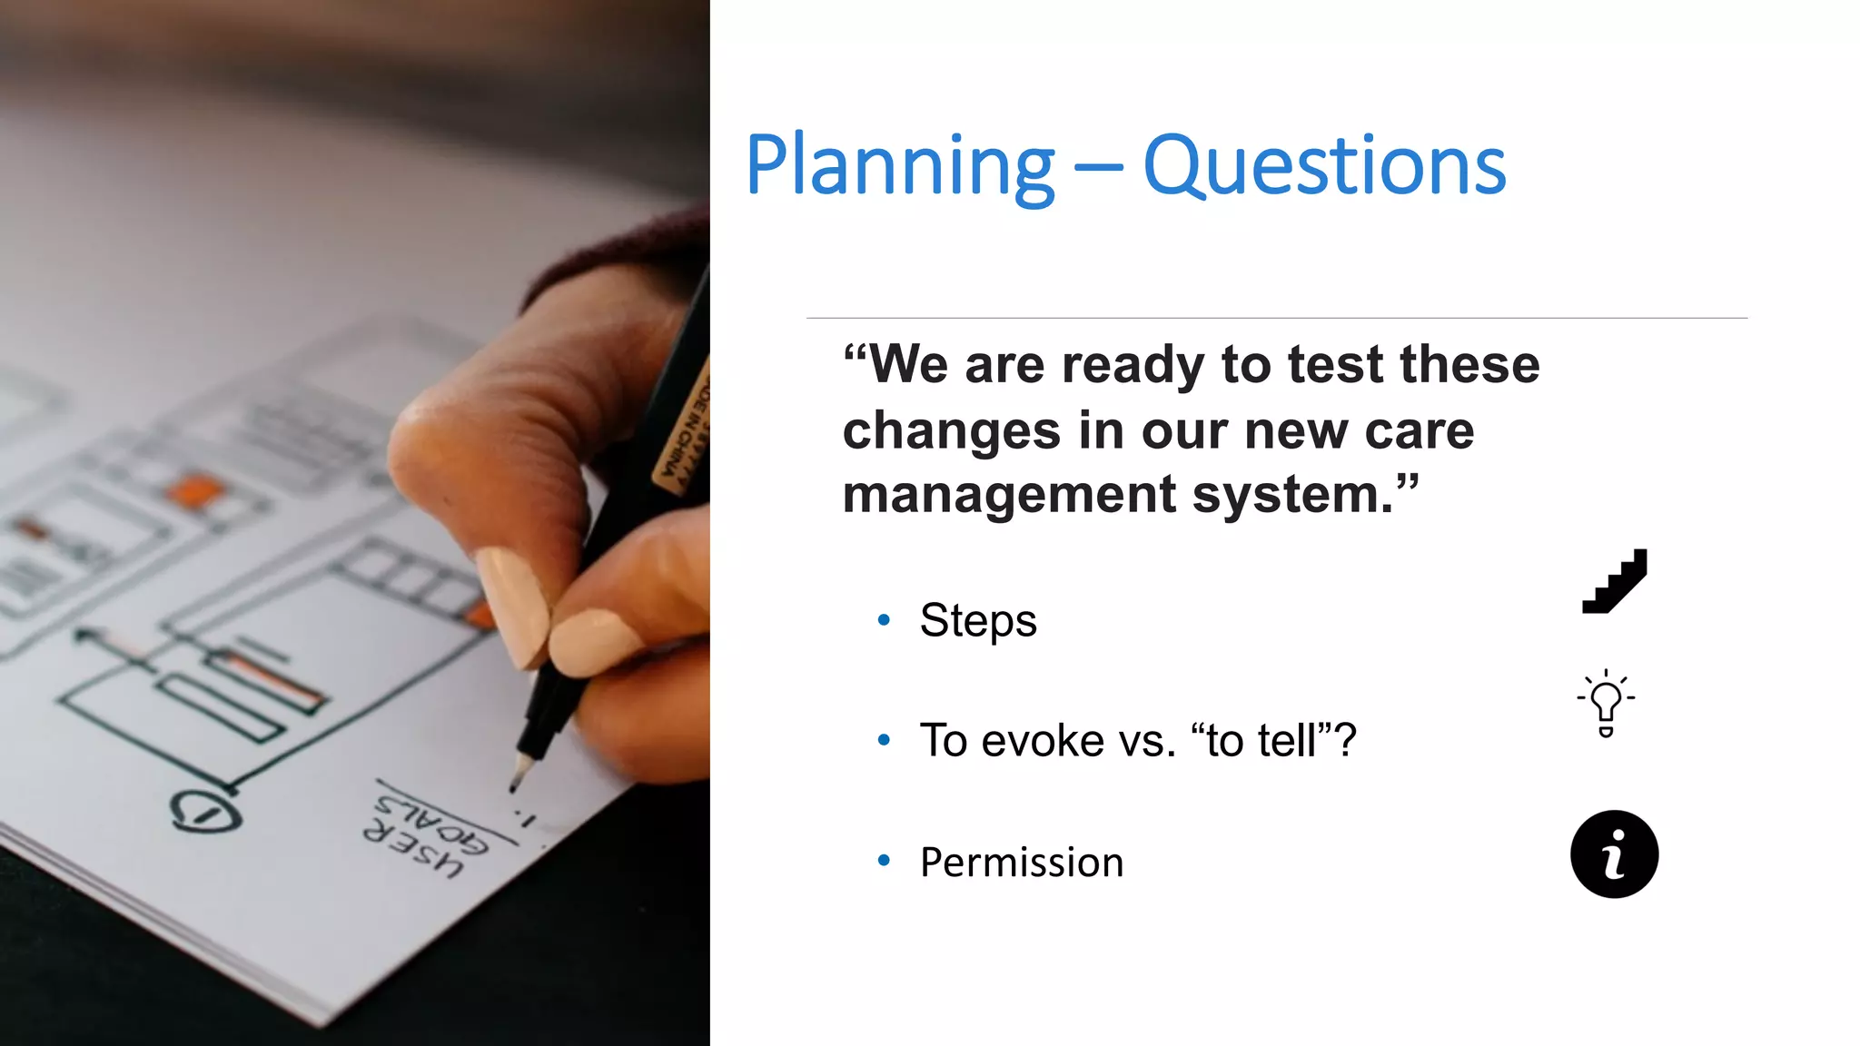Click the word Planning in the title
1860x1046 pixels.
coord(899,166)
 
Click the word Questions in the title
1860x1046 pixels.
coord(1324,166)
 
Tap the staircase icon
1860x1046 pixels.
coord(1614,581)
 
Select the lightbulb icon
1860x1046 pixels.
coord(1606,703)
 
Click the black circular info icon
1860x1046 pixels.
coord(1614,854)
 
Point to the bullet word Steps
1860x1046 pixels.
coord(977,621)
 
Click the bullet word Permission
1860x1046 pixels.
coord(1021,863)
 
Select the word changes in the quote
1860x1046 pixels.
coord(951,430)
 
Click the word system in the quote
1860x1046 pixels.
coord(1291,496)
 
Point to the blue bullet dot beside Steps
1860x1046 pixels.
coord(884,621)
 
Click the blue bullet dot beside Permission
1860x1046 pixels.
coord(884,860)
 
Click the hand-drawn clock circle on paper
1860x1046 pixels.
coord(206,811)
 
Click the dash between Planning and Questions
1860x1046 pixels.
coord(1097,170)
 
